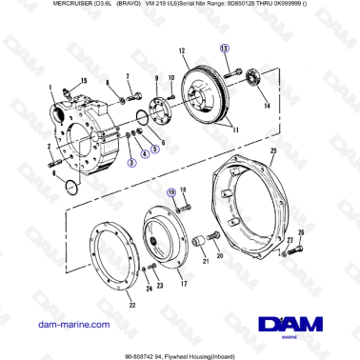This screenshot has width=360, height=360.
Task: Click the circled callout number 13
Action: click(x=224, y=47)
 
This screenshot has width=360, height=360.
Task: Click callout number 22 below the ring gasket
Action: click(x=106, y=304)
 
